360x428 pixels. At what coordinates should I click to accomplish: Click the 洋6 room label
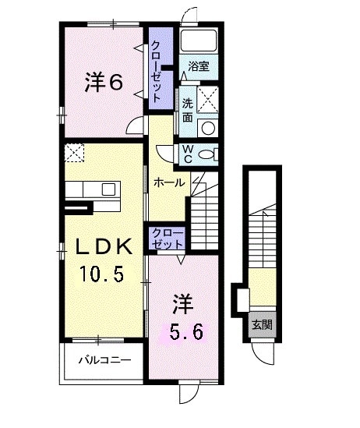[x=103, y=83]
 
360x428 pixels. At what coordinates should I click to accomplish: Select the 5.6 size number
[x=186, y=332]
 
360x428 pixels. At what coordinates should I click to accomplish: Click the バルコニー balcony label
[x=104, y=360]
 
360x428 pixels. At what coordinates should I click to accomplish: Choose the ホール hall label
[x=169, y=183]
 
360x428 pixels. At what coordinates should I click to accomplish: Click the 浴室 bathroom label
[x=198, y=68]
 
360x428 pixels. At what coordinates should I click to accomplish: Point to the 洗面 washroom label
[x=189, y=111]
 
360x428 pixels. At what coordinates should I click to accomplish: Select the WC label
[x=188, y=154]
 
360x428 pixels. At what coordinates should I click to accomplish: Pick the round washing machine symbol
[x=208, y=128]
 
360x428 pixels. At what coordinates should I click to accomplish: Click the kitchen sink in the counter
[x=108, y=189]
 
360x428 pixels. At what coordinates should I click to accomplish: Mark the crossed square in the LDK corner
[x=76, y=153]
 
